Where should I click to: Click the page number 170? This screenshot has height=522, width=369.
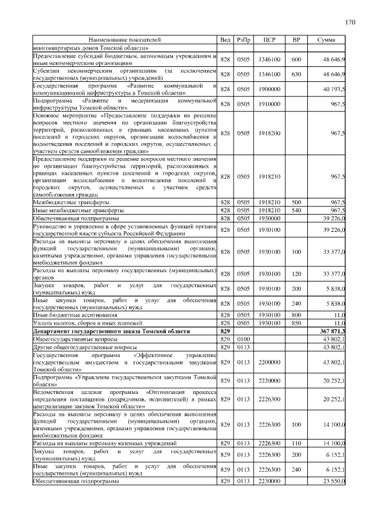click(349, 22)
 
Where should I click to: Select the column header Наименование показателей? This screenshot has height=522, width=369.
click(125, 40)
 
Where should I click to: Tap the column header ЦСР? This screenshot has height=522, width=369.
click(269, 40)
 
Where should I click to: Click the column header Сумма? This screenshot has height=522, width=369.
click(326, 40)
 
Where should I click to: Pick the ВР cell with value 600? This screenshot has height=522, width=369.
click(296, 59)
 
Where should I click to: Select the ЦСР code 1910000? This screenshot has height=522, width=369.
click(269, 104)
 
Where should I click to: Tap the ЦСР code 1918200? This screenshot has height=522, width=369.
click(269, 133)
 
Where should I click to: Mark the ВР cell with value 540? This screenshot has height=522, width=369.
click(296, 211)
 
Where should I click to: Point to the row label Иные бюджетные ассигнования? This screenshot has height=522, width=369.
click(76, 316)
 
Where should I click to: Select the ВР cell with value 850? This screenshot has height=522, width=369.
click(296, 323)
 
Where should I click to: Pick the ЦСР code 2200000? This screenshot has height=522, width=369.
click(269, 362)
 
